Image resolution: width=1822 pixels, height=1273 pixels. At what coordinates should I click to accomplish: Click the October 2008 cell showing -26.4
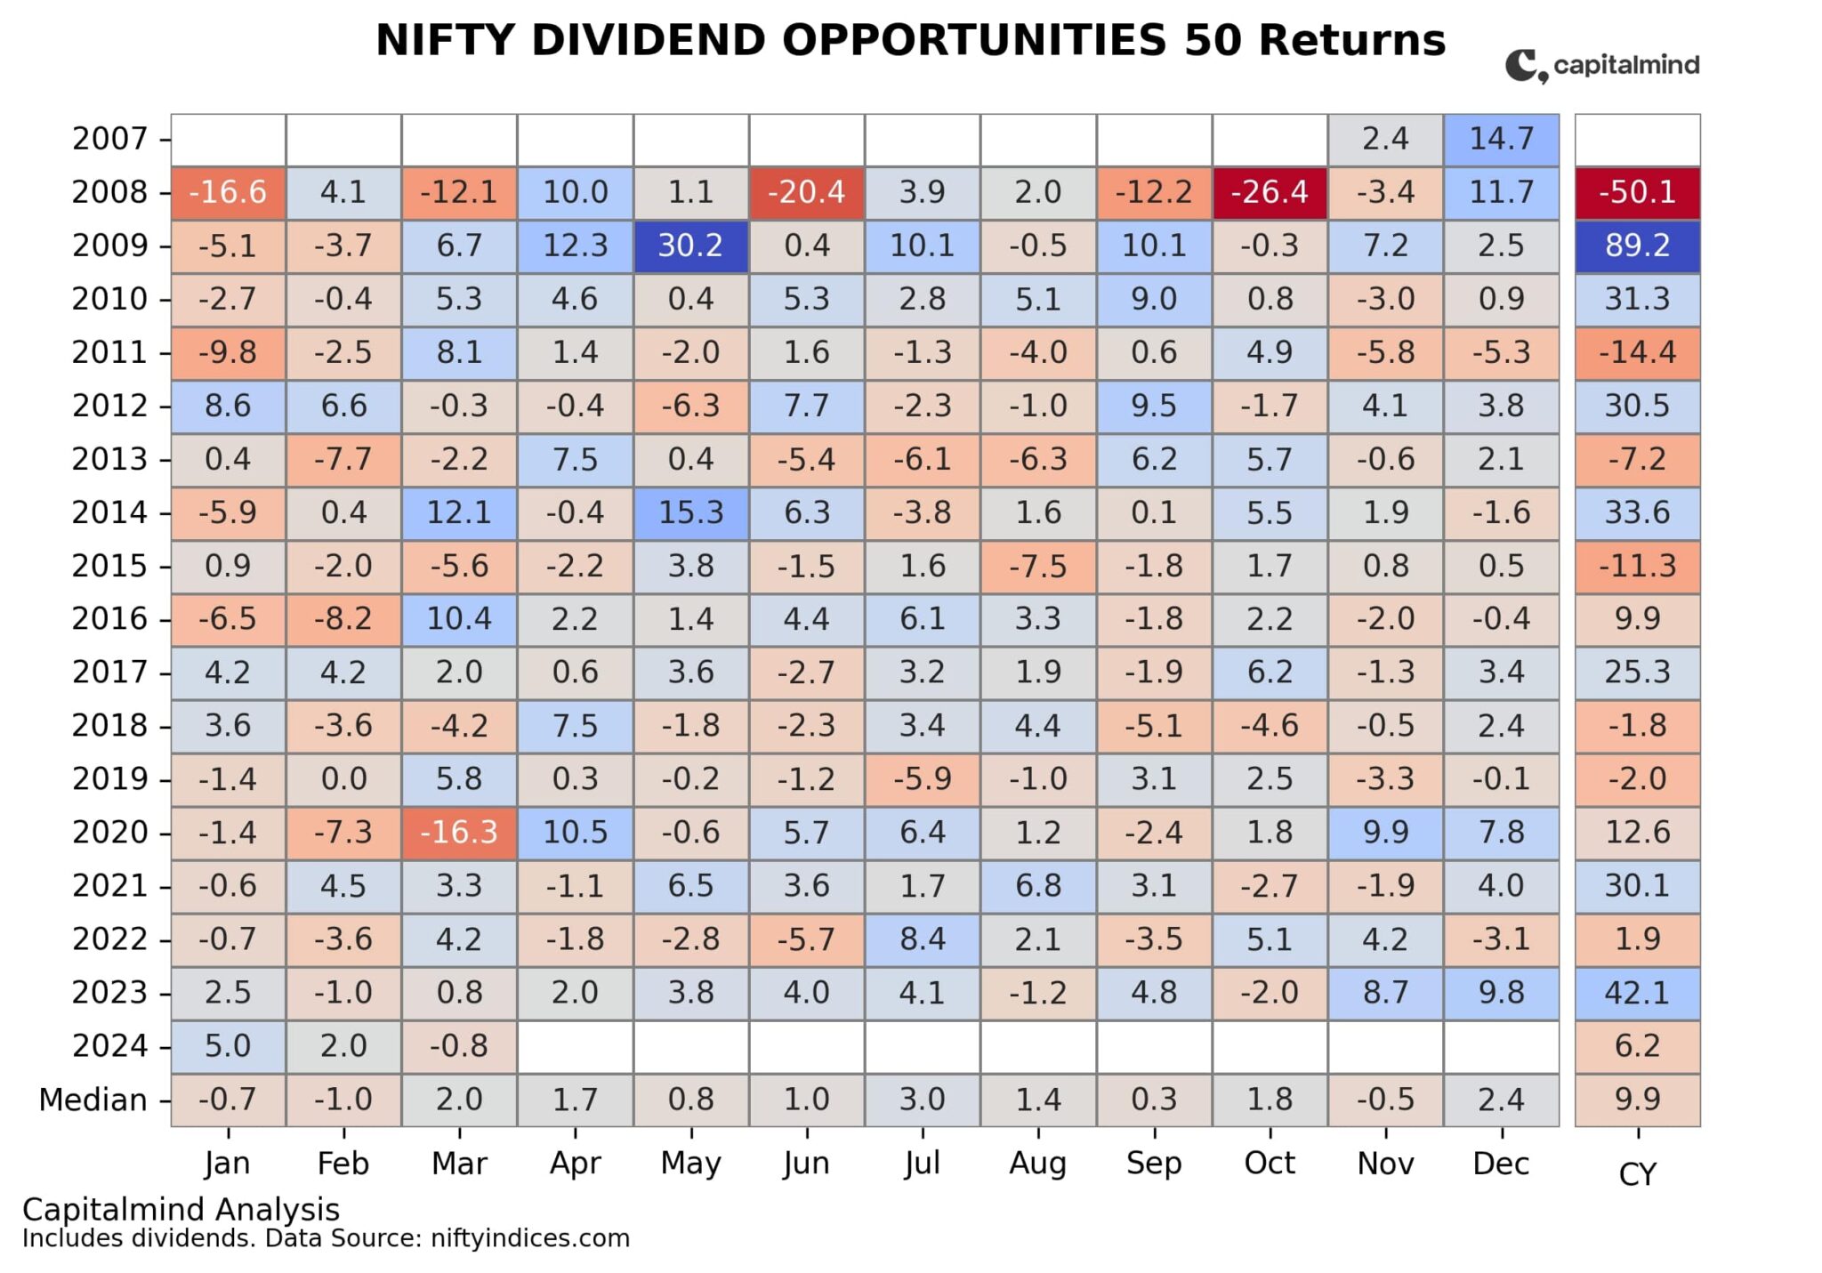(1269, 192)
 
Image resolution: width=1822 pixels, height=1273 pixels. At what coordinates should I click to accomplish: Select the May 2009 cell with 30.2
(690, 246)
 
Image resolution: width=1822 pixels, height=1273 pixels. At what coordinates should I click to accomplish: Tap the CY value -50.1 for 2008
(1637, 192)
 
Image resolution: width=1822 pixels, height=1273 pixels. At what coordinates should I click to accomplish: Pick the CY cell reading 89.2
(1637, 246)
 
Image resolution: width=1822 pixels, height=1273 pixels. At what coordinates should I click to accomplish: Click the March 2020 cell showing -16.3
(459, 833)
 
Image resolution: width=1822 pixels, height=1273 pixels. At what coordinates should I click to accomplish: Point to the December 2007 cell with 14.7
(1501, 139)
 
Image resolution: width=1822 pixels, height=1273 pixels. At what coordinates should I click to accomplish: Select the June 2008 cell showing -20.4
(806, 192)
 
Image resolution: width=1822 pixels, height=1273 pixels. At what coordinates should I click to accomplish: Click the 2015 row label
(109, 566)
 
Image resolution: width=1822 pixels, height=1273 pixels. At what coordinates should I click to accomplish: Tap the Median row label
(93, 1100)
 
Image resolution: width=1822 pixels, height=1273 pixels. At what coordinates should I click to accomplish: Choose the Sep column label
(1153, 1164)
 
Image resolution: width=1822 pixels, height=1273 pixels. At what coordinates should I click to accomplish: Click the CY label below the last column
(1637, 1175)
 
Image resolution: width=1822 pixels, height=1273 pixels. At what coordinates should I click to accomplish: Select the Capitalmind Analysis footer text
(181, 1210)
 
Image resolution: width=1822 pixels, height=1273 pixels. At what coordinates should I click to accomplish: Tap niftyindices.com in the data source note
(529, 1239)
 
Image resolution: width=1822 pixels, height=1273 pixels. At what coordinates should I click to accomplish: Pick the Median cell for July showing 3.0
(922, 1100)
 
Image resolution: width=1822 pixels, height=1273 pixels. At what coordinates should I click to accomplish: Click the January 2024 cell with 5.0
(228, 1046)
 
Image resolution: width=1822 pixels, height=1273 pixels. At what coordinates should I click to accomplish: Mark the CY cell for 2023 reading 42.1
(1637, 993)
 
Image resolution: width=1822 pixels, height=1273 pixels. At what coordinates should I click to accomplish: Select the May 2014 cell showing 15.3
(690, 512)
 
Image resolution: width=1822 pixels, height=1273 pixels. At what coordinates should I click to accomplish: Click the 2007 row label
(109, 139)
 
